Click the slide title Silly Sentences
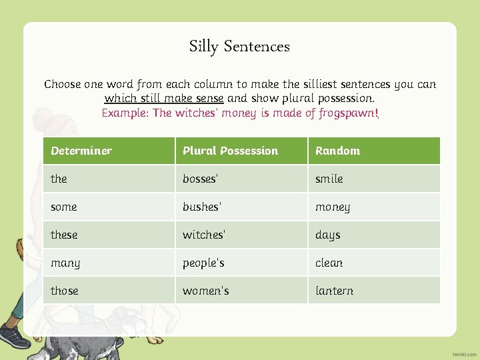[x=239, y=47]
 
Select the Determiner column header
[x=81, y=151]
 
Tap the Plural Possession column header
[x=230, y=151]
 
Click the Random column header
[x=337, y=151]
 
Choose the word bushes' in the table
[x=201, y=207]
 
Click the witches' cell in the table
[x=204, y=235]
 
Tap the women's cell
[x=205, y=291]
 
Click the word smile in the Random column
[x=329, y=179]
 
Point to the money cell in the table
[x=333, y=207]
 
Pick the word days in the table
[x=328, y=235]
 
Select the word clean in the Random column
[x=329, y=263]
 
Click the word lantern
[x=335, y=291]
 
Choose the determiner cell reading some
[x=64, y=207]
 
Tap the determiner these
[x=64, y=235]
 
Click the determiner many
[x=65, y=263]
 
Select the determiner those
[x=65, y=291]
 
